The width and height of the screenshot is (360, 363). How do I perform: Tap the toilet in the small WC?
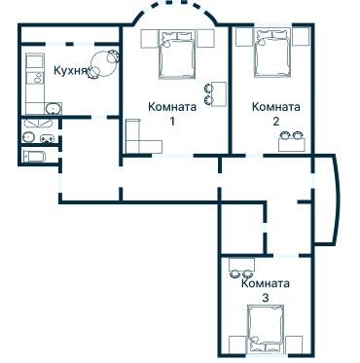pyautogui.click(x=30, y=136)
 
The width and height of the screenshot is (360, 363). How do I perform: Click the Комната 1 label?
pyautogui.click(x=169, y=113)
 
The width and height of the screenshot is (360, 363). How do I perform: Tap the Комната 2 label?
pyautogui.click(x=275, y=113)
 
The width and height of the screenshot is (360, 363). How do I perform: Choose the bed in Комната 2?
pyautogui.click(x=272, y=55)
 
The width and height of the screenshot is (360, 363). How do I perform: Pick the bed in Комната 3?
pyautogui.click(x=266, y=328)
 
